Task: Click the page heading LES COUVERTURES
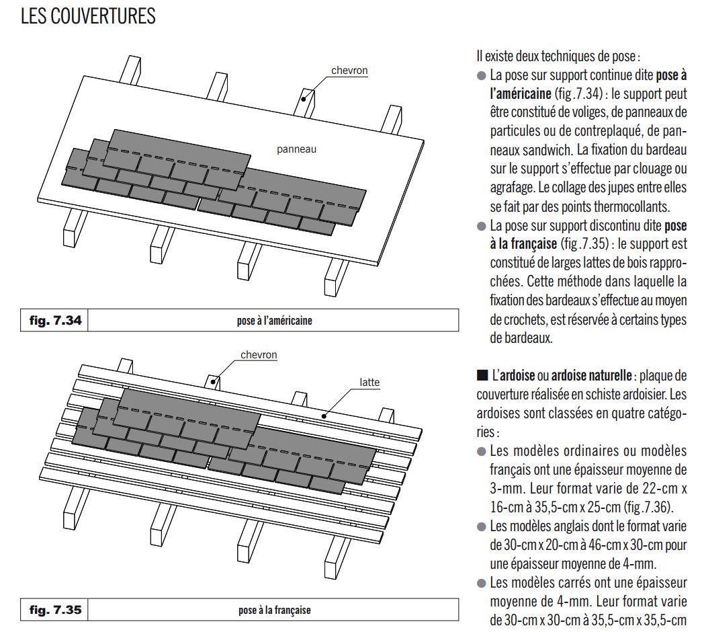(x=88, y=16)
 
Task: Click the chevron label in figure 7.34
(x=349, y=71)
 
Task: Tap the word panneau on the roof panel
(x=296, y=149)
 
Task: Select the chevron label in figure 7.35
(x=259, y=354)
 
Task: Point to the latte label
(x=369, y=383)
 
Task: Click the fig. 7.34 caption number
(x=56, y=321)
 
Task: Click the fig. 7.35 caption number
(x=56, y=610)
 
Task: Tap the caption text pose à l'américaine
(x=275, y=321)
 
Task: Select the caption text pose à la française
(x=275, y=610)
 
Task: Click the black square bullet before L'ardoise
(x=482, y=375)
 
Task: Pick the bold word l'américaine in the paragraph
(x=521, y=93)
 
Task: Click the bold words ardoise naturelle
(x=591, y=375)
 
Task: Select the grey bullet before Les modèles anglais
(x=481, y=526)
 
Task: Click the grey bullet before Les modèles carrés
(x=481, y=583)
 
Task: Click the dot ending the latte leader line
(x=324, y=416)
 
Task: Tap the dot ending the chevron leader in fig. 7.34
(x=303, y=99)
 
